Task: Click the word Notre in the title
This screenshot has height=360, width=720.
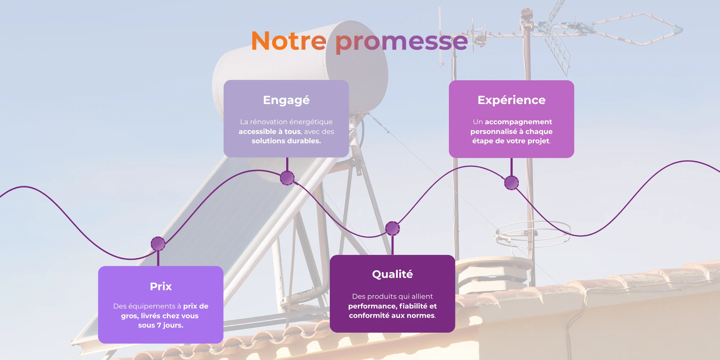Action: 289,41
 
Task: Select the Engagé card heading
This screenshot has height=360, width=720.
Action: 286,100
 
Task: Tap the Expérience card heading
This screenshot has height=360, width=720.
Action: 512,100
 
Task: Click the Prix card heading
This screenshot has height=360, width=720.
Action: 161,286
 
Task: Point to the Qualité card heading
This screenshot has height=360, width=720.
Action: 392,274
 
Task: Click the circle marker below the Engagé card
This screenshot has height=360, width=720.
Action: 287,178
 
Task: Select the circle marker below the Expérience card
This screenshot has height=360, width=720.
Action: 511,183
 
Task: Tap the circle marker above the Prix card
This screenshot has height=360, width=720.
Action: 158,244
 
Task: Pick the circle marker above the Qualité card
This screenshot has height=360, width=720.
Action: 392,228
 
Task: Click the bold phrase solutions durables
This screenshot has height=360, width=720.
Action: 286,141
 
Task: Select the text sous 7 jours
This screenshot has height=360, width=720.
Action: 161,325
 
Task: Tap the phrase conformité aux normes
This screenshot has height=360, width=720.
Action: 392,315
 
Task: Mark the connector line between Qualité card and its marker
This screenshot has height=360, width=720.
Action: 392,246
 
